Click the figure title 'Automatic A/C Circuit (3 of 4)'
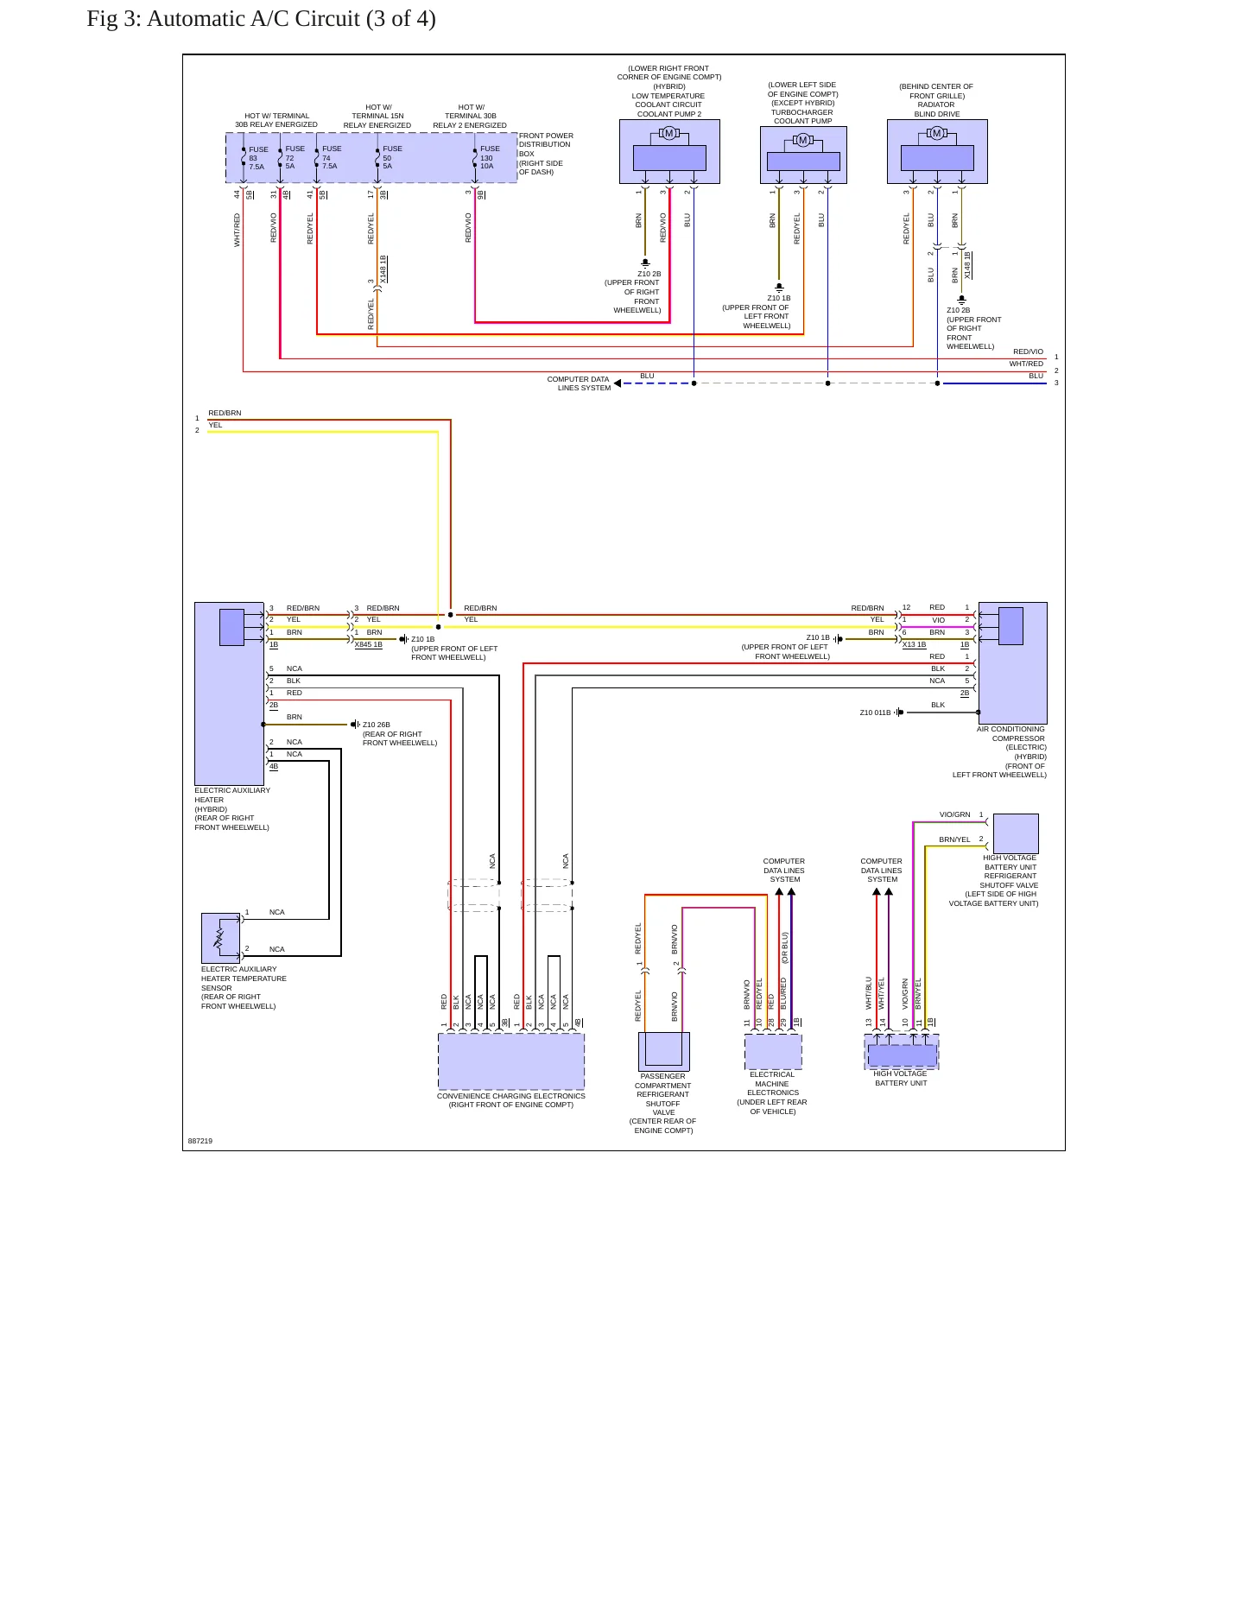(291, 18)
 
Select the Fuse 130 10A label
(490, 157)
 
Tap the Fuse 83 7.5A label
(258, 158)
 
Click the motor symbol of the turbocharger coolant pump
(803, 140)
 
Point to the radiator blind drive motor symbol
(937, 133)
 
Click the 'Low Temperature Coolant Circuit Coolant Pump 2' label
(668, 104)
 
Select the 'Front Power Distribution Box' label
(546, 154)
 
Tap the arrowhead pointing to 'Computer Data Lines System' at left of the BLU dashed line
(618, 383)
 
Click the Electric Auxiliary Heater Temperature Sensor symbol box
(220, 938)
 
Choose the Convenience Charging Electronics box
(511, 1061)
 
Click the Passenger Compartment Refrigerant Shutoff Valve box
(664, 1051)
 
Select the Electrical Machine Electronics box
(773, 1051)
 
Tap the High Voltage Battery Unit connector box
(902, 1052)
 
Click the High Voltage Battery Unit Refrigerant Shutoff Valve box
(1016, 833)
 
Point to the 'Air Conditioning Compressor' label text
(1011, 734)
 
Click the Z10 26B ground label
(377, 725)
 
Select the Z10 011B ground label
(875, 712)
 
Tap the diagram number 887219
(200, 1141)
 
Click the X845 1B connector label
(369, 644)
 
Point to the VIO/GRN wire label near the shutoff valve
(955, 814)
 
